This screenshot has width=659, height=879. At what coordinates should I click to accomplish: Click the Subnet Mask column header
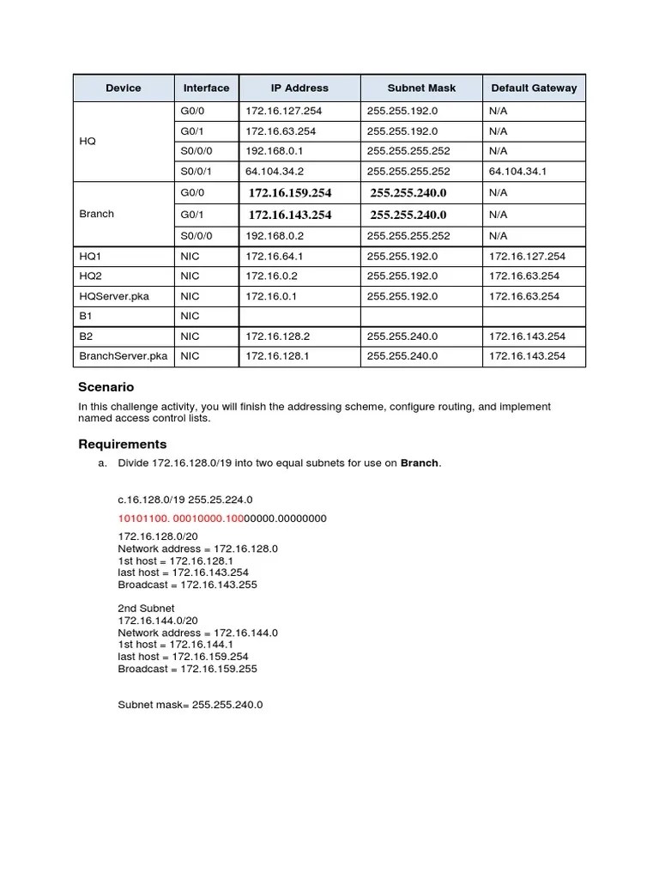(x=421, y=88)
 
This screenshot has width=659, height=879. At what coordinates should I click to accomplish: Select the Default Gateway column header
(x=534, y=88)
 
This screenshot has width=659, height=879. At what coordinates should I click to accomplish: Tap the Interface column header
(x=206, y=88)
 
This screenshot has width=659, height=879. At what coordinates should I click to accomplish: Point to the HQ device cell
(x=88, y=142)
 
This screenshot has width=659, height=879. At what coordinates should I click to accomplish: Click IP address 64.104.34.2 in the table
(x=275, y=171)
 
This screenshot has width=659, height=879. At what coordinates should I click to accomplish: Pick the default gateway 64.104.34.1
(x=517, y=171)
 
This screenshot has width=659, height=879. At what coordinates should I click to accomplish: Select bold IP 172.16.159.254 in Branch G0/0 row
(x=290, y=193)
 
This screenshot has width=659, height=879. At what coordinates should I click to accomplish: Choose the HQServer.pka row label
(x=114, y=296)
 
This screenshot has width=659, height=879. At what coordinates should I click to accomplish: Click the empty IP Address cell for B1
(x=299, y=317)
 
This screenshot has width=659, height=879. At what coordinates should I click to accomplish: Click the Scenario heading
(x=106, y=387)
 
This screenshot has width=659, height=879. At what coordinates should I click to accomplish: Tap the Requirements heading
(x=122, y=444)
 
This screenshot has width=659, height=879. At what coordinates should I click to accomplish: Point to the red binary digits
(x=181, y=518)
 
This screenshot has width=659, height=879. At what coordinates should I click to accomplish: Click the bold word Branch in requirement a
(x=420, y=464)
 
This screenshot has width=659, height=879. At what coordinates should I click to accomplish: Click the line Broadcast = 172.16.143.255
(x=187, y=585)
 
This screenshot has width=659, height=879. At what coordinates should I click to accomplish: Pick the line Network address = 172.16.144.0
(x=197, y=632)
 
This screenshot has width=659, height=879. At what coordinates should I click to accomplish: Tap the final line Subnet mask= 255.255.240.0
(x=190, y=705)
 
